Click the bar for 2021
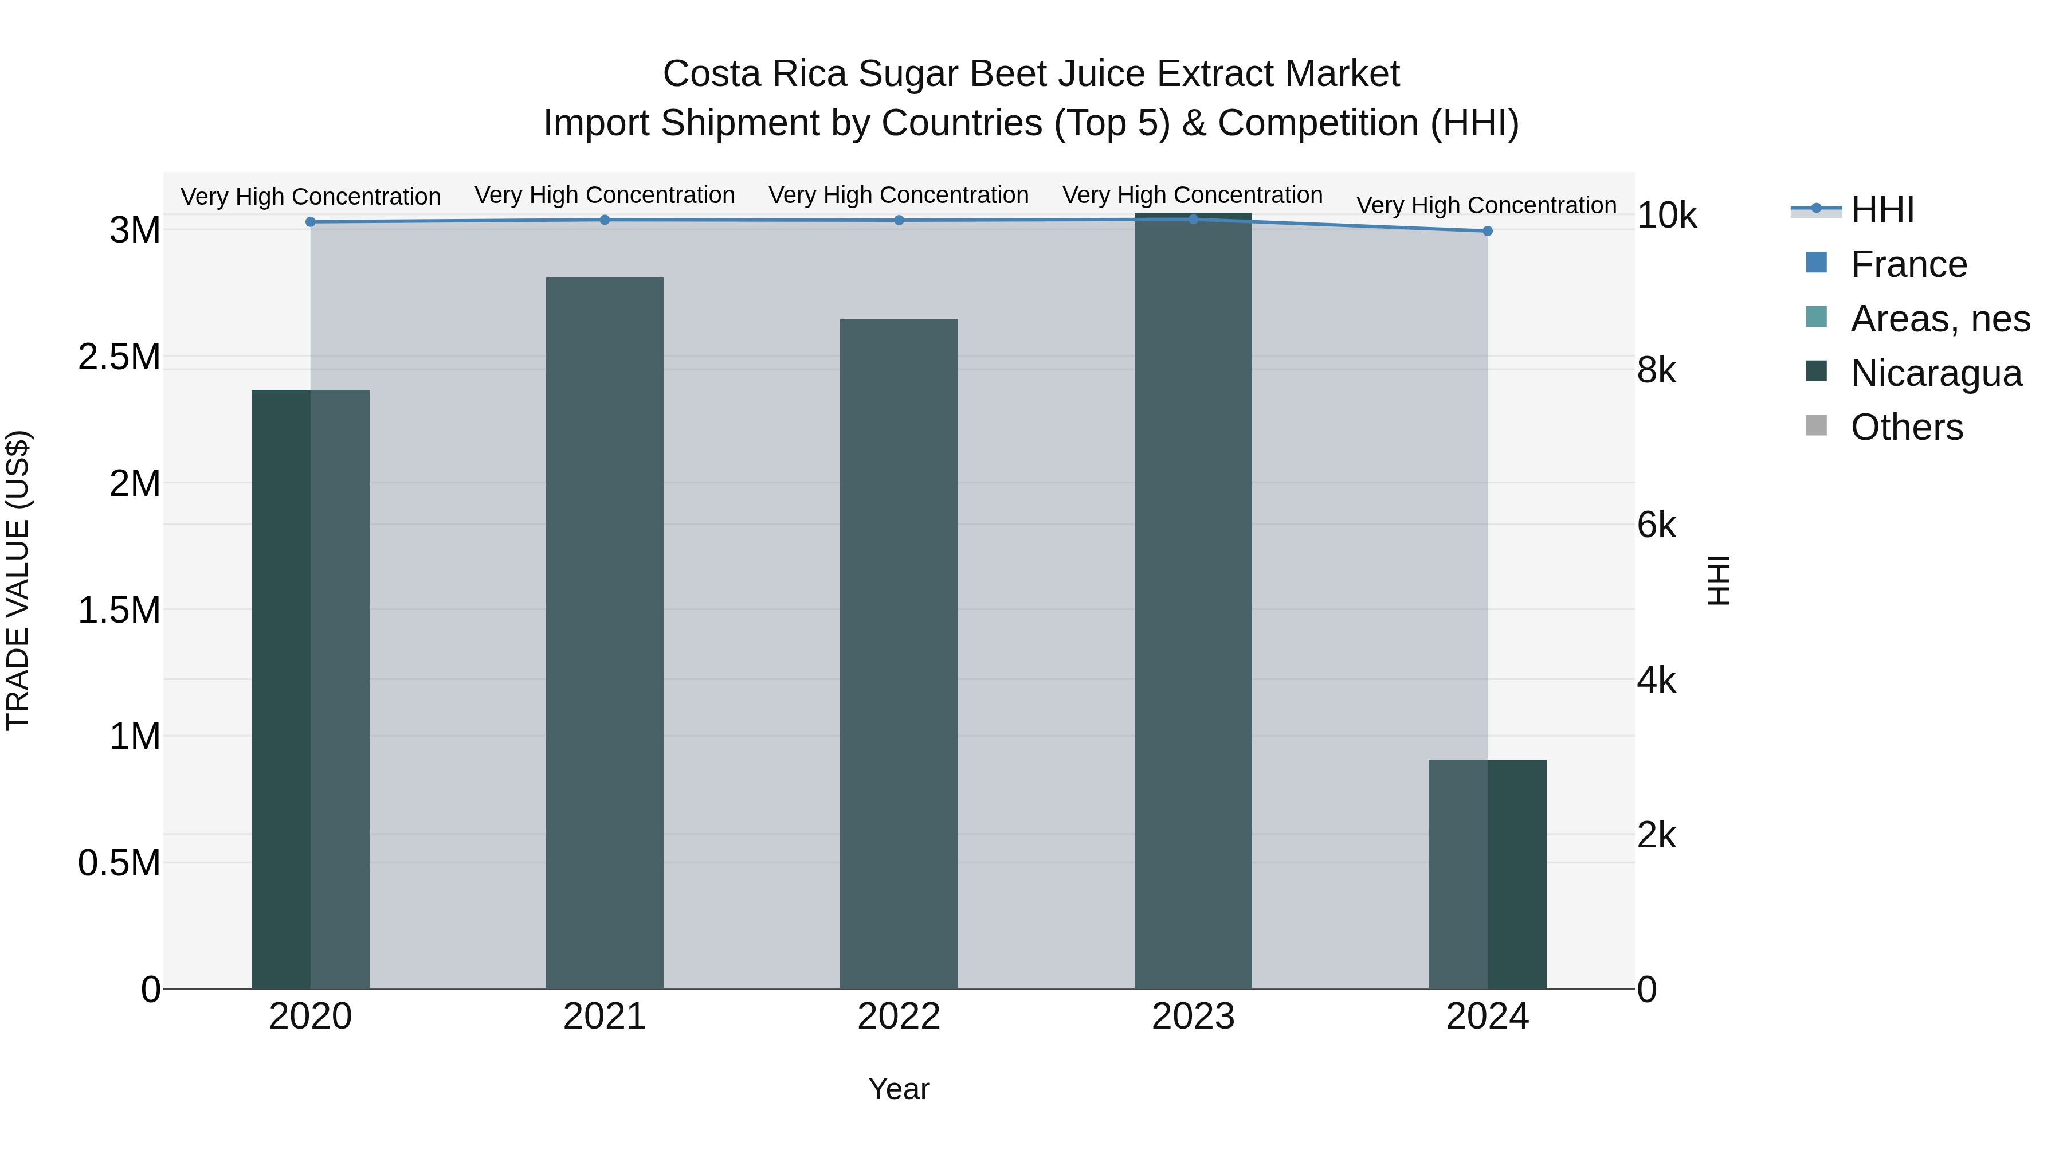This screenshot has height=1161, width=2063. [x=605, y=633]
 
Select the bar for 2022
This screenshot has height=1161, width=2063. [x=899, y=654]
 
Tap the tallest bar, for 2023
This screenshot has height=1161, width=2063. [x=1193, y=601]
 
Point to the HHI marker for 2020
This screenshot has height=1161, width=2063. [x=311, y=222]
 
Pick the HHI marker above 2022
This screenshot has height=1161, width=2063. [x=899, y=220]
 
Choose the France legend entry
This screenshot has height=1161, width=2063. [x=1908, y=264]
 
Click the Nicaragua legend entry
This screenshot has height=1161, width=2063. [x=1936, y=373]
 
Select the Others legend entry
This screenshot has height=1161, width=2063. [x=1906, y=427]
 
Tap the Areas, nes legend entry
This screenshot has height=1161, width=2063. [x=1940, y=319]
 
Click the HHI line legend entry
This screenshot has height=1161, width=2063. [x=1882, y=210]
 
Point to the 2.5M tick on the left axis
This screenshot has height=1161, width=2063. [x=119, y=357]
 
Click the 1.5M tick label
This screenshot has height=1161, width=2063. [x=119, y=611]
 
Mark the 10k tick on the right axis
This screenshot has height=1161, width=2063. [x=1666, y=216]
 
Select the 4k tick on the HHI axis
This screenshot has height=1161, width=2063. [x=1656, y=680]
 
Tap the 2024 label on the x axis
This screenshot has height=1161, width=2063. [x=1487, y=1017]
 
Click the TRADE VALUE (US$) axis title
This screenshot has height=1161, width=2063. [x=18, y=580]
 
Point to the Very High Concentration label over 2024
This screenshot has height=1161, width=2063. [x=1487, y=205]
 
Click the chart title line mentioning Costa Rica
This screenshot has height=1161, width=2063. [x=1031, y=74]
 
